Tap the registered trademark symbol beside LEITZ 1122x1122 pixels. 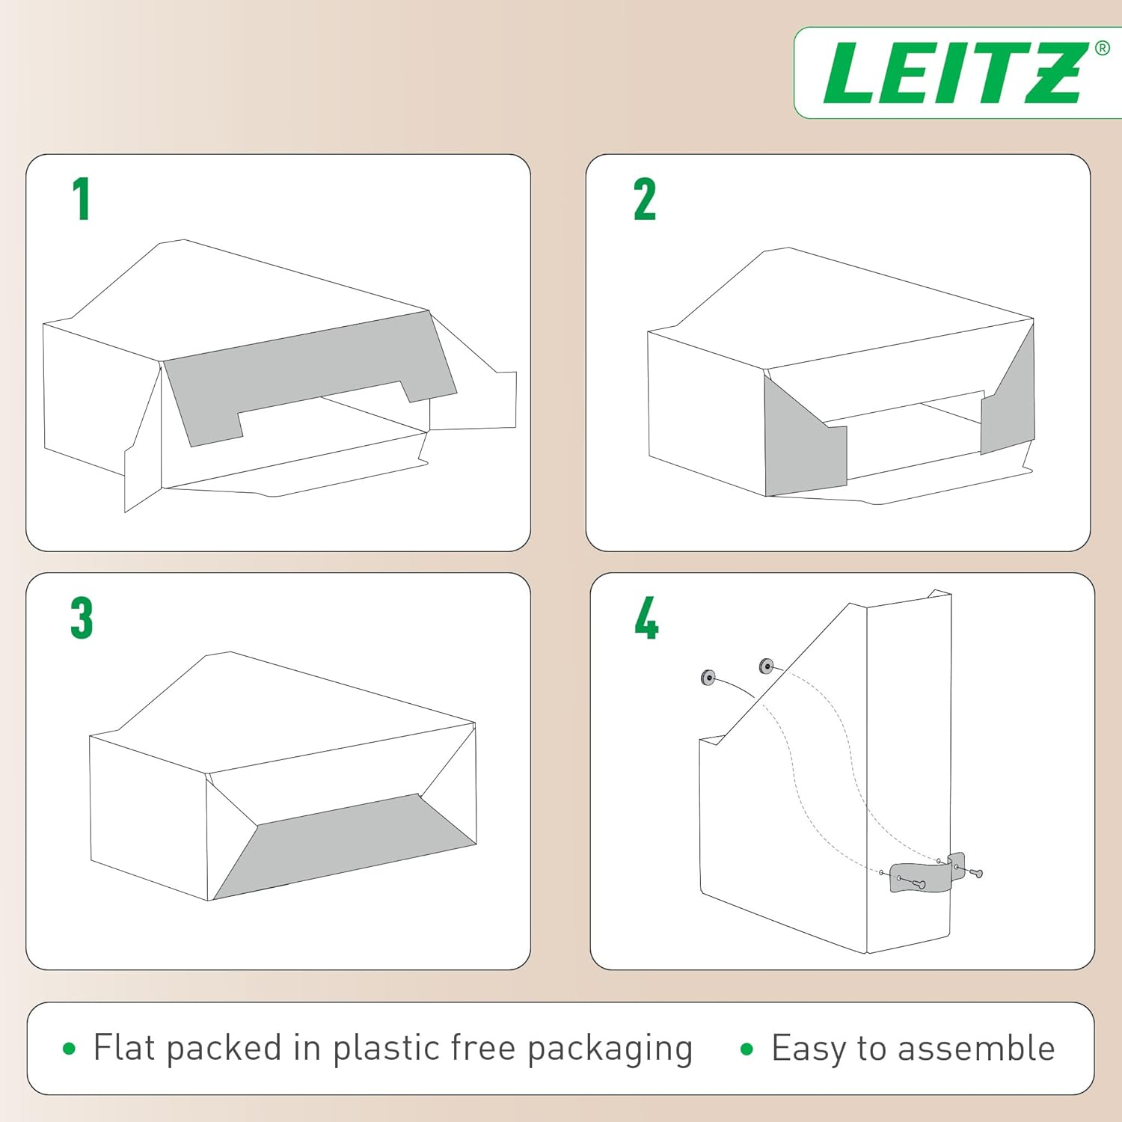1102,49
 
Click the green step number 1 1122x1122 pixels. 82,199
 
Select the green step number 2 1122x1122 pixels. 644,199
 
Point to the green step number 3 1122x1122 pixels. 82,618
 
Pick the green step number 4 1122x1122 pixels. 646,618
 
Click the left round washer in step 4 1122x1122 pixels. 708,678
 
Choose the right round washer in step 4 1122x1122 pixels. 766,665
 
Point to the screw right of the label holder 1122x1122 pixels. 975,872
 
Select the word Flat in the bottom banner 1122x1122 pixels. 124,1047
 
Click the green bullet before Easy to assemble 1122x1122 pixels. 746,1049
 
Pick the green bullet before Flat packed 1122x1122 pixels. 70,1049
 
